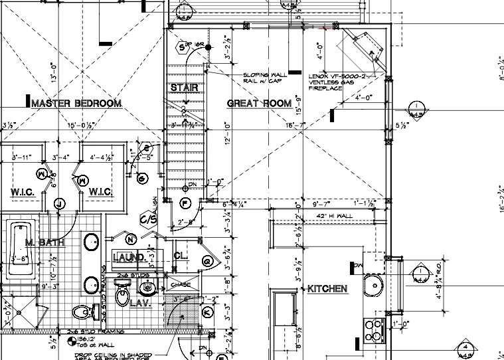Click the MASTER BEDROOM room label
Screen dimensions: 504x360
click(x=76, y=103)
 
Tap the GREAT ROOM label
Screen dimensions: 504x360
click(x=259, y=103)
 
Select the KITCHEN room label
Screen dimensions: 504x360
click(x=327, y=289)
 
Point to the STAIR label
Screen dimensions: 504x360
click(x=183, y=88)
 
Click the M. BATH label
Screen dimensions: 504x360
click(x=44, y=243)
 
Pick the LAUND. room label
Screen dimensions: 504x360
click(x=129, y=256)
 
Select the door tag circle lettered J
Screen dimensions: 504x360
click(x=58, y=204)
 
